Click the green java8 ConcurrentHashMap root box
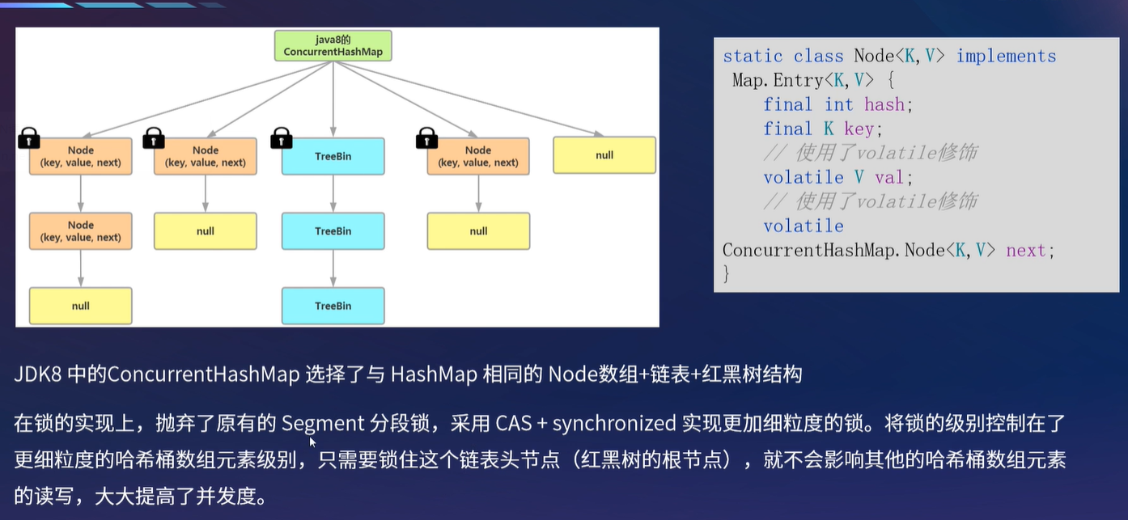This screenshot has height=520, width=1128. pyautogui.click(x=333, y=45)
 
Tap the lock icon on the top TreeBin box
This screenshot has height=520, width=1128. pyautogui.click(x=281, y=138)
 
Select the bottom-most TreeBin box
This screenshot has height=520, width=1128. pyautogui.click(x=333, y=306)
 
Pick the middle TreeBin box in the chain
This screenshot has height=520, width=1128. pyautogui.click(x=333, y=231)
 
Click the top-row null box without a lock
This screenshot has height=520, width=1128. pyautogui.click(x=604, y=155)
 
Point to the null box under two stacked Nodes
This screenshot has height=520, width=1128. pyautogui.click(x=80, y=306)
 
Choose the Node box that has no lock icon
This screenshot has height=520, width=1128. pyautogui.click(x=80, y=231)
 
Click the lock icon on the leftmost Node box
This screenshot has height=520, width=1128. pyautogui.click(x=29, y=138)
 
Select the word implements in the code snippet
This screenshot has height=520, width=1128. pyautogui.click(x=1006, y=56)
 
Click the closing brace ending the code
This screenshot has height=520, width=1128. pyautogui.click(x=727, y=274)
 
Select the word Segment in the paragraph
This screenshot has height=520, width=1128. pyautogui.click(x=323, y=423)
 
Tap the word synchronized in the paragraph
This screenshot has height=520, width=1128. pyautogui.click(x=613, y=423)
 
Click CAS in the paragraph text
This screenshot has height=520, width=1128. pyautogui.click(x=513, y=423)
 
